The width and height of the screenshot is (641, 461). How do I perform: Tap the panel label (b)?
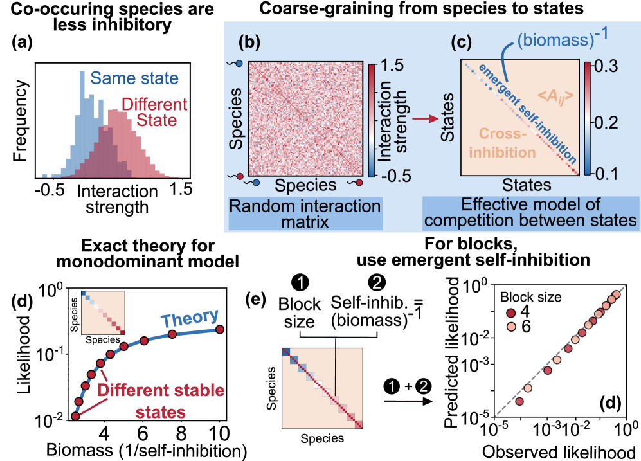(x=249, y=44)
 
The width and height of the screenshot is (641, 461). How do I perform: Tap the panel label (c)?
(x=462, y=44)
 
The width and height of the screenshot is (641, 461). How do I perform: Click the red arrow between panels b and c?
(x=421, y=119)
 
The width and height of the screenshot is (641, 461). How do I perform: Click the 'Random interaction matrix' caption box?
(x=305, y=214)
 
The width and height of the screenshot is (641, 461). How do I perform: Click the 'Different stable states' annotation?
(x=161, y=401)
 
